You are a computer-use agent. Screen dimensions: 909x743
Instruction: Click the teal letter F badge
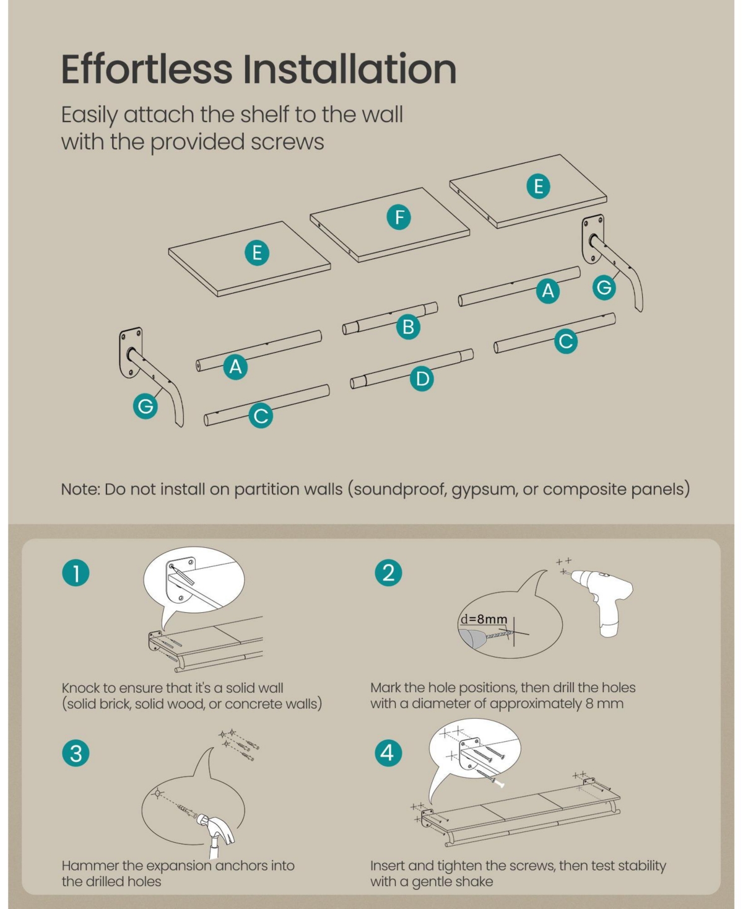(399, 217)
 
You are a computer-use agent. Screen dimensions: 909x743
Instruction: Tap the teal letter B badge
(409, 327)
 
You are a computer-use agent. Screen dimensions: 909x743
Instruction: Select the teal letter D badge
(422, 379)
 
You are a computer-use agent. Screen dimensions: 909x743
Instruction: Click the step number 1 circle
(76, 573)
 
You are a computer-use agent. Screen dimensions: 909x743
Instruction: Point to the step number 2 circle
(388, 573)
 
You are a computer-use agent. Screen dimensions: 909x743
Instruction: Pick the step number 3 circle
(76, 753)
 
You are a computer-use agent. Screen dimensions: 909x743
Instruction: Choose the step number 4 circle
(388, 752)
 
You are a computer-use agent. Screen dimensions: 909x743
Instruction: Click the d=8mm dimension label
(484, 618)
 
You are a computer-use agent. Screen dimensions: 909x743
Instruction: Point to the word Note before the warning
(80, 490)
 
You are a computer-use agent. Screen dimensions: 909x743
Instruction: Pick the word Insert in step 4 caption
(388, 865)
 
